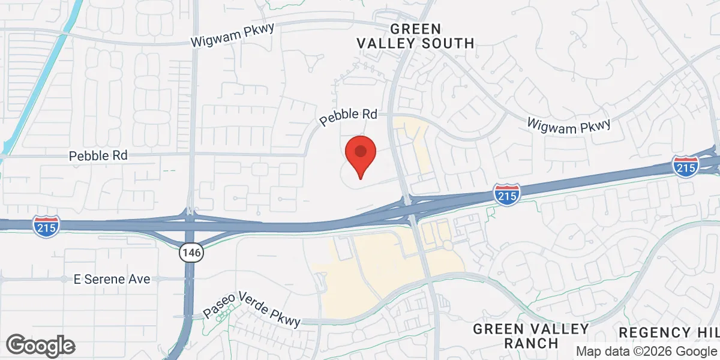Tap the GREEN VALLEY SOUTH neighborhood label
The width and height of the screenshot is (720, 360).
point(415,36)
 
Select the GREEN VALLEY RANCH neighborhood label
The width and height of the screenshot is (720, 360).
point(530,336)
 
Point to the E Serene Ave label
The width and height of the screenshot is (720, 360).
point(112,279)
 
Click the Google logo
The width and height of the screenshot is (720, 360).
point(41,346)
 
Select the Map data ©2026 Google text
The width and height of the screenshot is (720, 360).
point(646,351)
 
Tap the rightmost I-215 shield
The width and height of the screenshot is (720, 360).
point(685,165)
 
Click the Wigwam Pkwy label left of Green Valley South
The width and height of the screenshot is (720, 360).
point(232,37)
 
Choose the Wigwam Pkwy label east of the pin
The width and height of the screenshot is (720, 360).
point(568,124)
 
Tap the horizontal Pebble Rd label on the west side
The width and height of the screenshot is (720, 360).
point(98,155)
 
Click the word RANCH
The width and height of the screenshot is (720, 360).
point(531,344)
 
